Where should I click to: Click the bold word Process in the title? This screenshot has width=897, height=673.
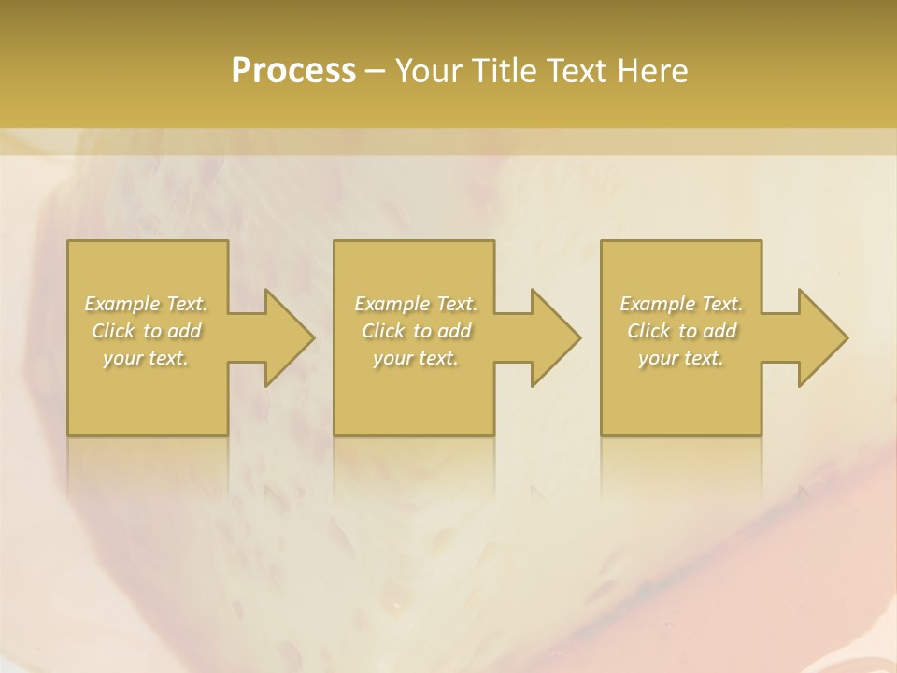293,71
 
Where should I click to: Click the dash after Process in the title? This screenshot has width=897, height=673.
376,72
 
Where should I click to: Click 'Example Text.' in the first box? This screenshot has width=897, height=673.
147,304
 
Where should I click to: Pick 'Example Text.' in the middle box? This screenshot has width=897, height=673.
416,304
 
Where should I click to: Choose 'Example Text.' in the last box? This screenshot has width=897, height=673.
681,304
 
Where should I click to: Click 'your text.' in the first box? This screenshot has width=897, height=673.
147,357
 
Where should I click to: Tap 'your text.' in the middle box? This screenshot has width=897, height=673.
416,357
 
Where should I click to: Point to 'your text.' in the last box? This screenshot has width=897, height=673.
681,357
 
